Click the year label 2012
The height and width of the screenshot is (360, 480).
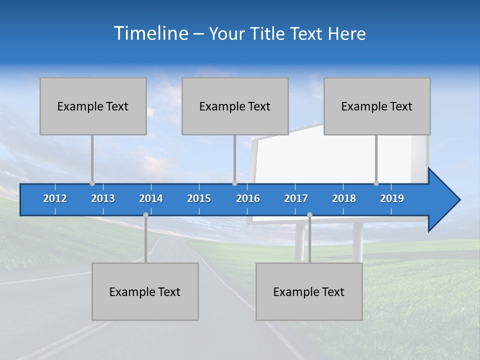[x=55, y=198]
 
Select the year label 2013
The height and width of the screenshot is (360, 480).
[x=103, y=198]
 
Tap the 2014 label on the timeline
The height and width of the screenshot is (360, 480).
[x=151, y=198]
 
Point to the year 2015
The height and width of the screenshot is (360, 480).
[x=199, y=198]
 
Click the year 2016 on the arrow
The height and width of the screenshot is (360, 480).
[x=248, y=198]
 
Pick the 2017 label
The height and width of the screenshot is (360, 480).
[x=296, y=198]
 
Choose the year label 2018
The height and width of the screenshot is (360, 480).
[x=344, y=198]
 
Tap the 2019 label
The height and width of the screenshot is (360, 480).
[x=392, y=198]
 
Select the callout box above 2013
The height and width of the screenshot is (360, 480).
[x=93, y=106]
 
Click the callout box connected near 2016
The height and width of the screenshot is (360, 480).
[x=235, y=106]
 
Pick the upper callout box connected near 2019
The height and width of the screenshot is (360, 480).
[x=377, y=106]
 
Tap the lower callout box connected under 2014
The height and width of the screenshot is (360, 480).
[x=145, y=291]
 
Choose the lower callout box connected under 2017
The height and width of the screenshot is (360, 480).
[x=309, y=291]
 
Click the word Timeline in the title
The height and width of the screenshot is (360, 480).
[x=150, y=33]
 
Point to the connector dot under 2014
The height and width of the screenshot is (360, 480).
[x=145, y=214]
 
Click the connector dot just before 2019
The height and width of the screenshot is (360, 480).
[x=376, y=183]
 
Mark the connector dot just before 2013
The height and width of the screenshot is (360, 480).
[x=92, y=183]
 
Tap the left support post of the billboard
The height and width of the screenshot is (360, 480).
[x=300, y=242]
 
